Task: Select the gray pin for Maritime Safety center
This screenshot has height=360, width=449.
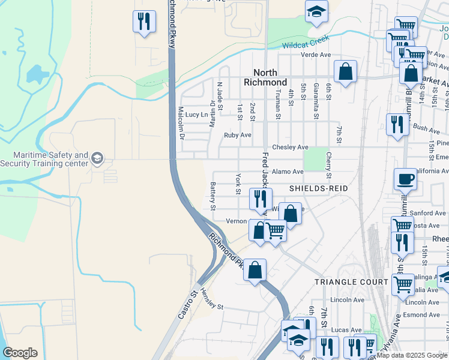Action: point(97,158)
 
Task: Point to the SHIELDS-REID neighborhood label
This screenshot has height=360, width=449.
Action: point(319,188)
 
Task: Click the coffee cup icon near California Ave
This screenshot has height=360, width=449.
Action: point(405,178)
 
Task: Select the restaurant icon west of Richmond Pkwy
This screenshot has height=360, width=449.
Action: point(143,21)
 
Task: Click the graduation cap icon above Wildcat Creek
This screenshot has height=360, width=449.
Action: point(316,11)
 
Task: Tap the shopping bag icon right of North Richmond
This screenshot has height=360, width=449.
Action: point(345,71)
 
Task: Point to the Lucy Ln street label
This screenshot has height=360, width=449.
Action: point(196,114)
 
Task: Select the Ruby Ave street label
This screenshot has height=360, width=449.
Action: point(237,135)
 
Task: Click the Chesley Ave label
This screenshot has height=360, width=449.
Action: point(290,147)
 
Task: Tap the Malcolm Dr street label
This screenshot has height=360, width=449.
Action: point(181,122)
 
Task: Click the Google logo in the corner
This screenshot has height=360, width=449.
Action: point(20,353)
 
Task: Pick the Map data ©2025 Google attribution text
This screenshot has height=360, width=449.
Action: point(412,355)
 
